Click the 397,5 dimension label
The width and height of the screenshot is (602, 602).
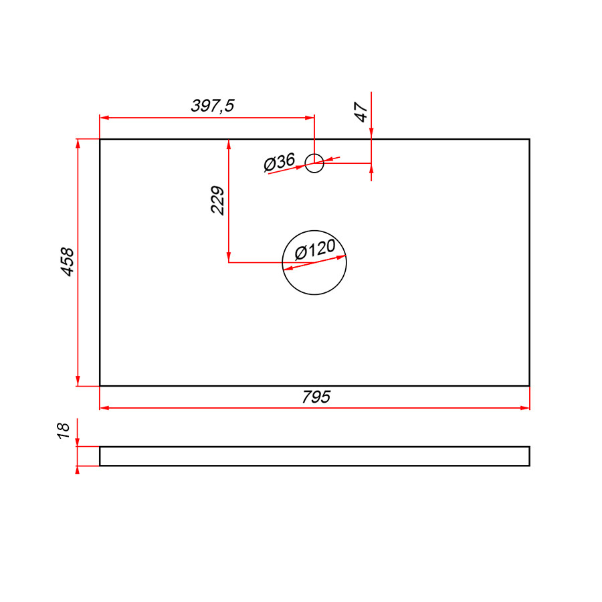[212, 106]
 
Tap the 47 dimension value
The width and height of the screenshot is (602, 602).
[361, 112]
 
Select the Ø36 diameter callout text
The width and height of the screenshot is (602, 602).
[280, 163]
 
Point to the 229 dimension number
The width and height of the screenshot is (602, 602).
[217, 200]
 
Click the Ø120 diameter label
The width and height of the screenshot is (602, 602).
[315, 249]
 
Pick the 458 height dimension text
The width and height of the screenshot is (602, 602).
[67, 262]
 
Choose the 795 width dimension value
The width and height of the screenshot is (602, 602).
[316, 397]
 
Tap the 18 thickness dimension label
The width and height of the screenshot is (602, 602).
[64, 431]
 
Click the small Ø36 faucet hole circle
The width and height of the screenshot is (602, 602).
[314, 154]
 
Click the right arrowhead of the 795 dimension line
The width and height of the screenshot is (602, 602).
[525, 408]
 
